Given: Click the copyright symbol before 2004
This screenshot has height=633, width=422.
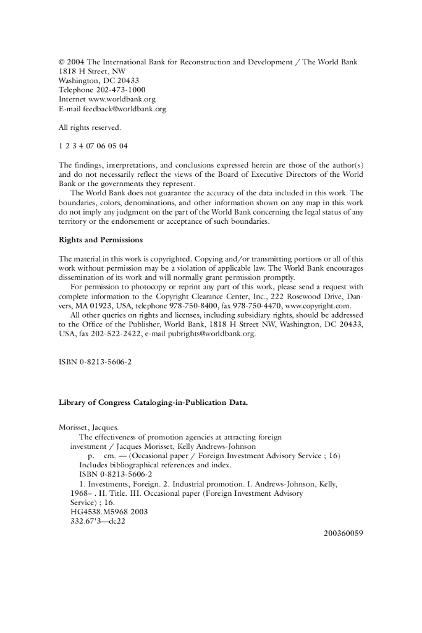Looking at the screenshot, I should point(61,62).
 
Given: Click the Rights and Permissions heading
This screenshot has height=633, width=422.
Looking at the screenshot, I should point(100,239).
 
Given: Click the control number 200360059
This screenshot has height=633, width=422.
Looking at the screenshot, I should point(343,533).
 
